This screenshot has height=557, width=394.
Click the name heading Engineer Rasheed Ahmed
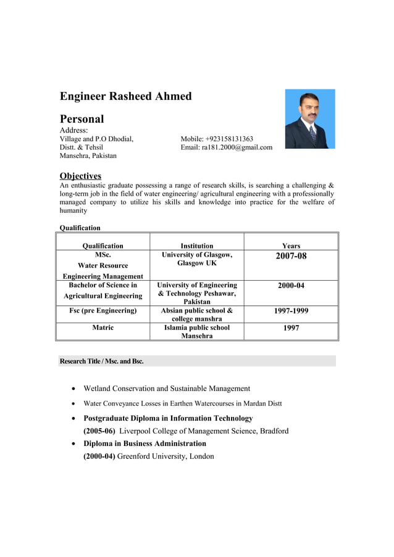125,96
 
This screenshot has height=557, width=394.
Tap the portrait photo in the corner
309,119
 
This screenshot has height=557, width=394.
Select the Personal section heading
82,119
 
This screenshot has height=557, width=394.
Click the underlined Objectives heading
80,176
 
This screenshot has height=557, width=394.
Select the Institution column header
196,245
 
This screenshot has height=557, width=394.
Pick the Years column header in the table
291,245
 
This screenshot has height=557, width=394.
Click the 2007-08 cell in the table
291,256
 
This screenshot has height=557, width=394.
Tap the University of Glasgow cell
196,259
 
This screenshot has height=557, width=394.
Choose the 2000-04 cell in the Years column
291,286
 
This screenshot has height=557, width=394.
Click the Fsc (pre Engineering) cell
103,311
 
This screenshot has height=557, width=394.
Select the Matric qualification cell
103,328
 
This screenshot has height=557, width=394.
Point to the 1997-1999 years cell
291,311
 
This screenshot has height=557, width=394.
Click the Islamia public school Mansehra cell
196,332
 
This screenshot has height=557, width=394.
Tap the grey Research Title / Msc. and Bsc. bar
197,361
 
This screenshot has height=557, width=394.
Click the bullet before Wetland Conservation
74,389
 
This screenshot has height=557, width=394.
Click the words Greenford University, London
166,456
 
